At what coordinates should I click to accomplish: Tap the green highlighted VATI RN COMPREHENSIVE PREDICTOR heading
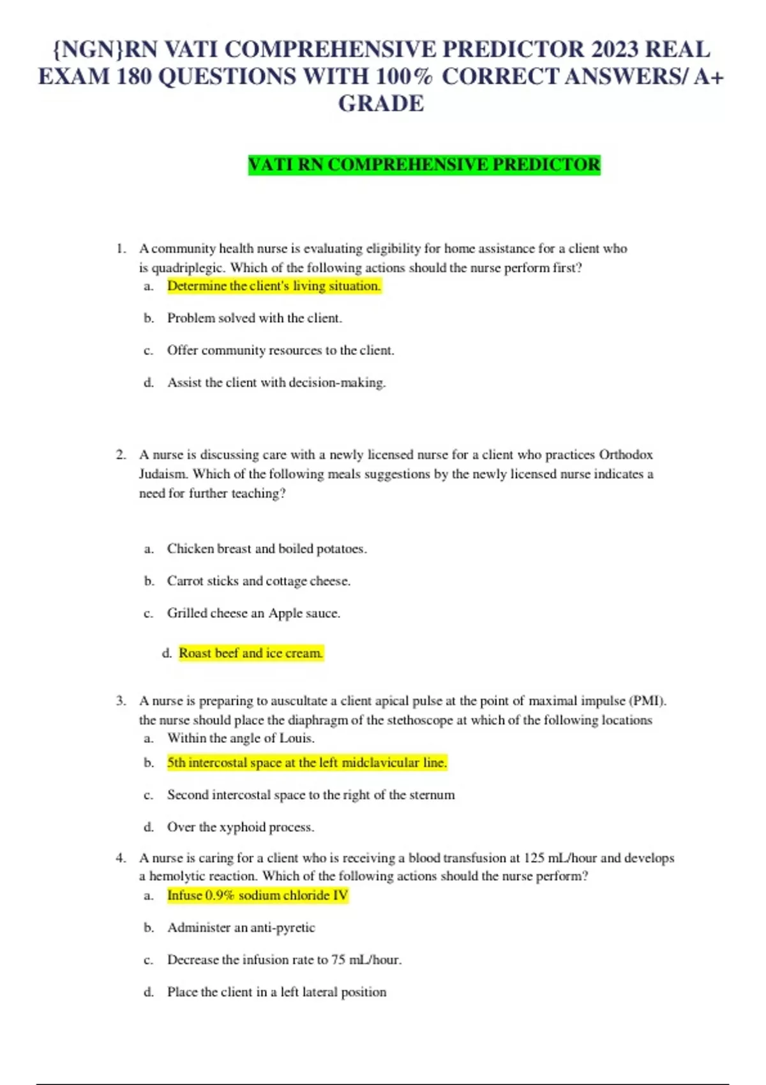pyautogui.click(x=424, y=165)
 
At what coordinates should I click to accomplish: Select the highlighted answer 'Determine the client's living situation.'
pyautogui.click(x=274, y=286)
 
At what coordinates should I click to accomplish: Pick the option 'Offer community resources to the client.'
pyautogui.click(x=280, y=350)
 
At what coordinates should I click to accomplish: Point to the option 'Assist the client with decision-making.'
pyautogui.click(x=276, y=383)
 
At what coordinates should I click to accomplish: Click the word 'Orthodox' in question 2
pyautogui.click(x=626, y=455)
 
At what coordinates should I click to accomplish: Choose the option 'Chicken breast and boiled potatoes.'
pyautogui.click(x=267, y=549)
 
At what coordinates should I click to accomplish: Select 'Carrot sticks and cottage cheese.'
pyautogui.click(x=259, y=581)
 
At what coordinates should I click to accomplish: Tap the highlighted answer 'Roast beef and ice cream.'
pyautogui.click(x=251, y=653)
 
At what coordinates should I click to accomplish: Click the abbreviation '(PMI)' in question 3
pyautogui.click(x=648, y=701)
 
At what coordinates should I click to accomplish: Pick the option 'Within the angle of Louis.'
pyautogui.click(x=241, y=738)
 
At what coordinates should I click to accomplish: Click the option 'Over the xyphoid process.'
pyautogui.click(x=241, y=827)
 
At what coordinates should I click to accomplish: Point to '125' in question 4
pyautogui.click(x=534, y=858)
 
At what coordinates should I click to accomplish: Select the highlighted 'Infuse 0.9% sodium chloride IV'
pyautogui.click(x=257, y=895)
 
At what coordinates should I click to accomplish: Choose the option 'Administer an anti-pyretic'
pyautogui.click(x=241, y=927)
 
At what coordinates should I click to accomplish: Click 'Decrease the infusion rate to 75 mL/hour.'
pyautogui.click(x=284, y=960)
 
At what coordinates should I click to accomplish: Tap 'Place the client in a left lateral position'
pyautogui.click(x=276, y=992)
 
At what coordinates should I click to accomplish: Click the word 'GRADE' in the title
pyautogui.click(x=381, y=103)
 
